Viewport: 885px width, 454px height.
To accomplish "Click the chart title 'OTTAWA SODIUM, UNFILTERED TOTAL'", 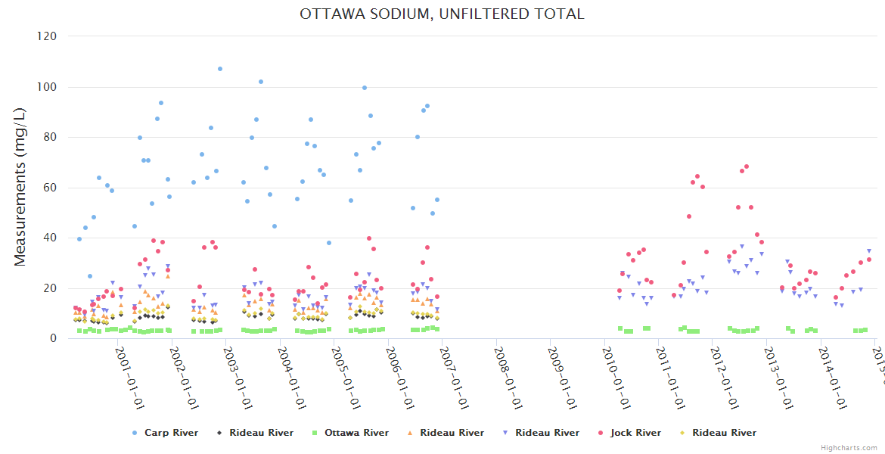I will tap(442, 14).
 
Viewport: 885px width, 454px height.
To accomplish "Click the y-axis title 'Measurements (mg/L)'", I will tap(20, 187).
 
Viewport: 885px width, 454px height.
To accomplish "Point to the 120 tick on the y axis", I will tap(48, 36).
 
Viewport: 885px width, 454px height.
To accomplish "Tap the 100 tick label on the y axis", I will tap(48, 87).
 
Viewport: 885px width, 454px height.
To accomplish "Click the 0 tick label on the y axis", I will tap(54, 338).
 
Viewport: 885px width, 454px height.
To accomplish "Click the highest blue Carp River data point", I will tap(220, 69).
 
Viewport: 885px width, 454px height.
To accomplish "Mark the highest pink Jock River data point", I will tap(747, 166).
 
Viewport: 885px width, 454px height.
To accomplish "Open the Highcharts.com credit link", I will tap(849, 448).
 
